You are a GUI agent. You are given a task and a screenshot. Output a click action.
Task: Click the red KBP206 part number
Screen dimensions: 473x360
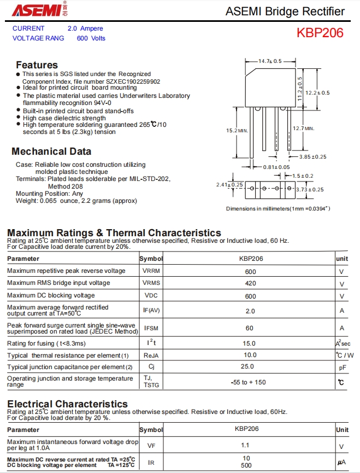coord(320,33)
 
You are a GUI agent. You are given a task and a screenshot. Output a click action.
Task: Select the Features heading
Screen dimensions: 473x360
coord(37,65)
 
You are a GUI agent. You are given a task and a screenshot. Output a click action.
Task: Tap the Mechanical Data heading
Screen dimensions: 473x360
coord(51,151)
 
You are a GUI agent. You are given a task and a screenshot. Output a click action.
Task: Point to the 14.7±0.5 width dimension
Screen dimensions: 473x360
coord(270,61)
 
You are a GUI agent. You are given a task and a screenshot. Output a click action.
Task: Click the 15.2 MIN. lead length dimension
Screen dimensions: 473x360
coord(237,131)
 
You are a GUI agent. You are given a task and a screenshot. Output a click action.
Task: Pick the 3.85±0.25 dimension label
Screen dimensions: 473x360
coord(312,156)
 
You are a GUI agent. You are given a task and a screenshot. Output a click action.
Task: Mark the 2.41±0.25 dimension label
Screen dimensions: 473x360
coord(229,185)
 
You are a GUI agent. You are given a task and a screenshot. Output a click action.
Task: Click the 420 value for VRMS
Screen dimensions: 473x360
coord(250,283)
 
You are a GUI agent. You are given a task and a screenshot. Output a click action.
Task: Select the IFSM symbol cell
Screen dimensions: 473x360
coord(151,328)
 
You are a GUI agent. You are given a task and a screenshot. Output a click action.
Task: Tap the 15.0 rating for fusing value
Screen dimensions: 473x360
coord(249,343)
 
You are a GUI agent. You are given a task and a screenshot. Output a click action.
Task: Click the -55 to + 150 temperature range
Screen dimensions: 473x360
coord(248,382)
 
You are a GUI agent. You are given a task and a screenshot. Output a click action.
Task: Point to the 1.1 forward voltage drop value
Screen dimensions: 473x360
coord(245,445)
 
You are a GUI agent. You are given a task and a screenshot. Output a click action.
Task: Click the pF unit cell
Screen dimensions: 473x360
coord(342,367)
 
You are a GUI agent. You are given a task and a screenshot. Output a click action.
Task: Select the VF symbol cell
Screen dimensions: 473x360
coord(151,446)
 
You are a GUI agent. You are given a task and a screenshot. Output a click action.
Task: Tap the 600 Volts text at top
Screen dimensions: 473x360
coord(91,38)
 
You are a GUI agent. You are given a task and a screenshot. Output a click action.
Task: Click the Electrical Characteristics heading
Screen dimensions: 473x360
coord(67,404)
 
